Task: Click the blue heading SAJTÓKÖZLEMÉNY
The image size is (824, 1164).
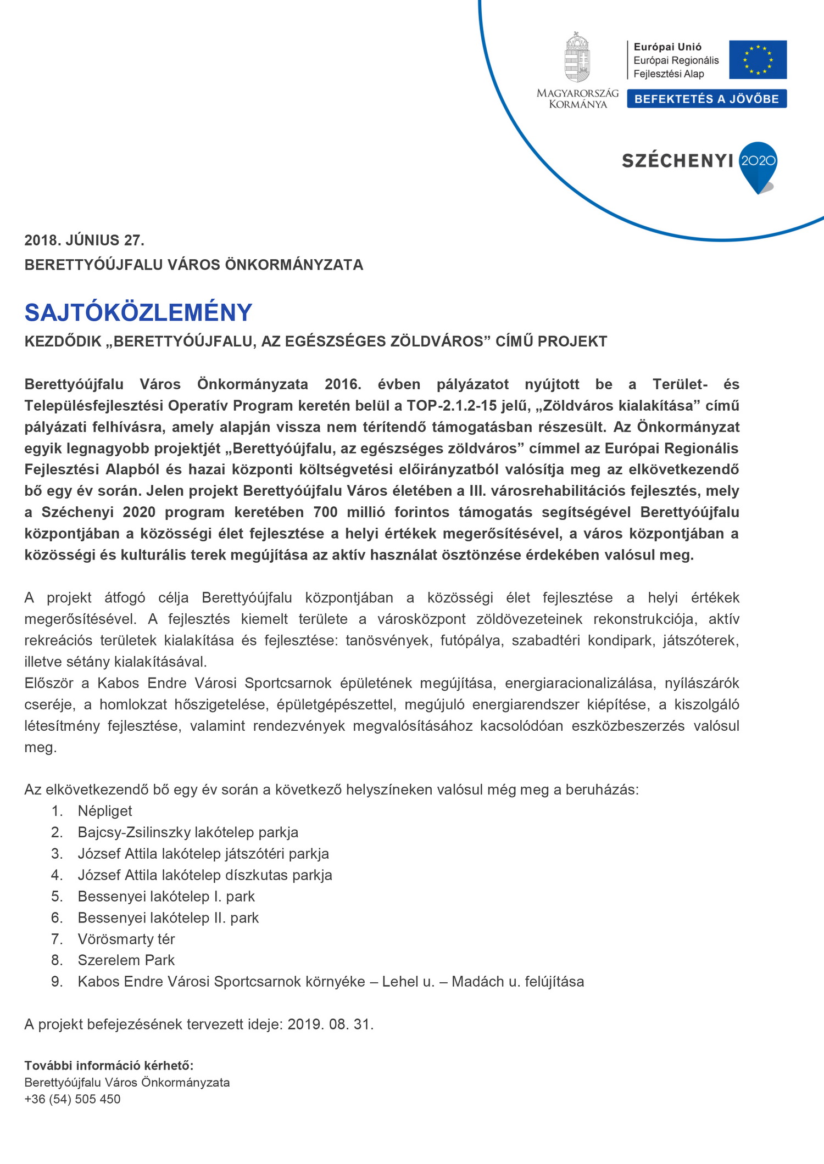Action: click(x=138, y=312)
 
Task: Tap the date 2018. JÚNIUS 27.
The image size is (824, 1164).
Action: click(x=84, y=240)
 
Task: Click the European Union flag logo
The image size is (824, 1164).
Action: click(x=758, y=59)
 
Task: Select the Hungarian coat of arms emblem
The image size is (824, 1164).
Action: click(x=577, y=57)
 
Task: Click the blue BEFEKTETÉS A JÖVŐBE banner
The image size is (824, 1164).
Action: click(x=706, y=99)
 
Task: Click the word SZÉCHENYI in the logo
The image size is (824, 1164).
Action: click(x=677, y=161)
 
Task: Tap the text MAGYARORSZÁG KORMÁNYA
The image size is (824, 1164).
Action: click(x=577, y=99)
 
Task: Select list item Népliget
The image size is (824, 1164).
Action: click(x=105, y=811)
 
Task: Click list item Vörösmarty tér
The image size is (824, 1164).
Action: click(x=126, y=939)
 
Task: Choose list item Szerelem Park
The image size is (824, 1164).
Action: click(x=126, y=960)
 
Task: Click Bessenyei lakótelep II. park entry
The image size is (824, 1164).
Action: click(x=168, y=917)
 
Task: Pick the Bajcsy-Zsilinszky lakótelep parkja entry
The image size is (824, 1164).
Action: click(x=188, y=832)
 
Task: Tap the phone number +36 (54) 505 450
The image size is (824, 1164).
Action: click(x=73, y=1099)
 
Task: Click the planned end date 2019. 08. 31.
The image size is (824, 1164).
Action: click(x=330, y=1025)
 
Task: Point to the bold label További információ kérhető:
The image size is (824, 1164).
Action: click(x=109, y=1066)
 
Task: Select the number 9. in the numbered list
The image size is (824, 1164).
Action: click(x=57, y=982)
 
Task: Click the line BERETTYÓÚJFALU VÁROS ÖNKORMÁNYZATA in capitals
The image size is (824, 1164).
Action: click(x=193, y=265)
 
